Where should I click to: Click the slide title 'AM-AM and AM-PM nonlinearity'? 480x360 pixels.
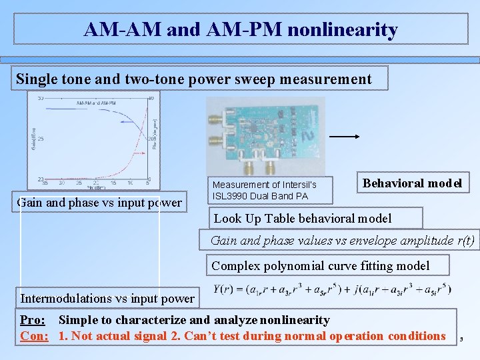(241, 30)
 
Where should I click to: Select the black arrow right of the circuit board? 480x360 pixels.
(345, 136)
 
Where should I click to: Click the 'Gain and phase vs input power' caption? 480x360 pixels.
(99, 202)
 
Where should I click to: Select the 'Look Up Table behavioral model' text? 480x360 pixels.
(302, 218)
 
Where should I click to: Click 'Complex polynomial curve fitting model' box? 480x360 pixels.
(321, 266)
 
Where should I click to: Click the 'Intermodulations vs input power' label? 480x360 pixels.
(107, 298)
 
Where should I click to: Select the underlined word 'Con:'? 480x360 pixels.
(34, 335)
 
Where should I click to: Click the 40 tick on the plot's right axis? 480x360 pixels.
(152, 99)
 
